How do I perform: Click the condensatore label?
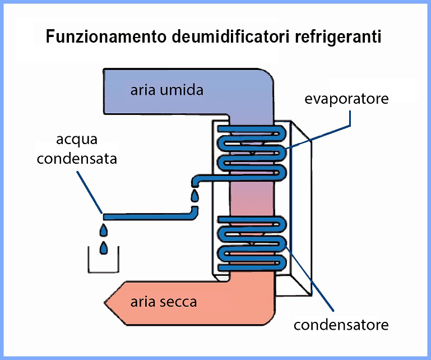click(x=341, y=325)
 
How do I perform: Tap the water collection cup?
click(x=103, y=264)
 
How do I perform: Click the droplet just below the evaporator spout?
click(x=194, y=196)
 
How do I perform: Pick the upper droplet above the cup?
click(x=104, y=230)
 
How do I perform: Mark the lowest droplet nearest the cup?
click(x=103, y=247)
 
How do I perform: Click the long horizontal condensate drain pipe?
click(x=146, y=216)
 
